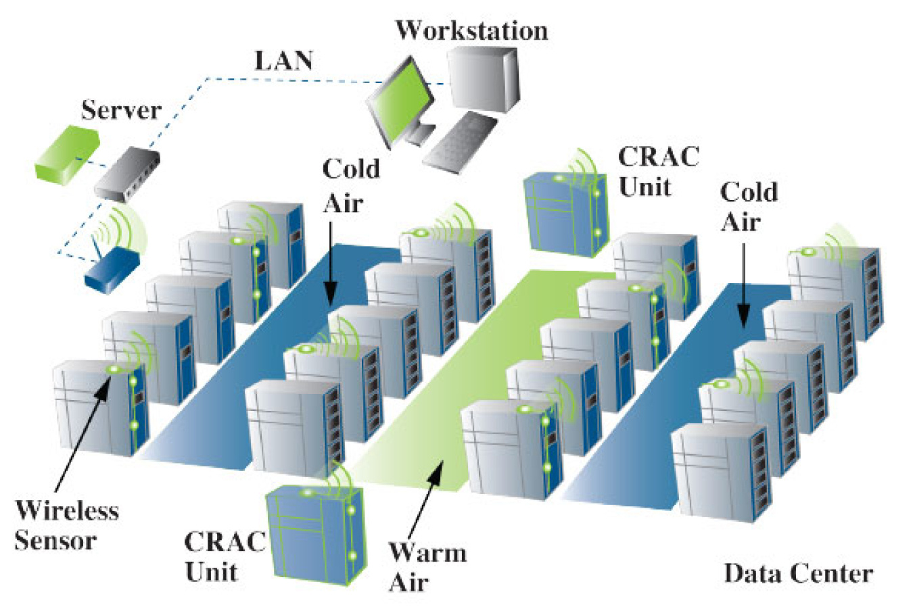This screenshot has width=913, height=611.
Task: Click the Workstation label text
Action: click(471, 31)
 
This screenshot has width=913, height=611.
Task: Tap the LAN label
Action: click(283, 61)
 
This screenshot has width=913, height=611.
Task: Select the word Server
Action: click(121, 110)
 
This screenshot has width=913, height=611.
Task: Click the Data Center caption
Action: click(798, 574)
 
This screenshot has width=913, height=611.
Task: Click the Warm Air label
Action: click(427, 567)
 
